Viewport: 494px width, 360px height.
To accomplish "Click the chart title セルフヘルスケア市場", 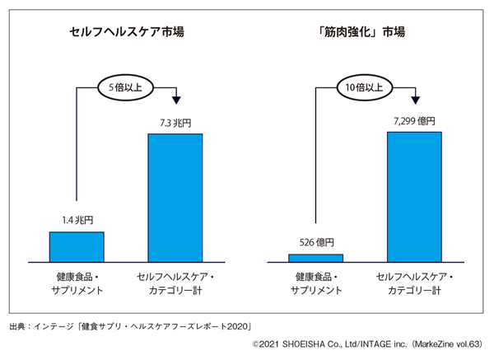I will point(126,32).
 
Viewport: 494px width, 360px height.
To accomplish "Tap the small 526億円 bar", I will point(315,258).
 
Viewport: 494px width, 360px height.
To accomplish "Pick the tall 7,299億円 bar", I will point(414,196).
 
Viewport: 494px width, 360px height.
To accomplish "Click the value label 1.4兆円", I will point(77,220).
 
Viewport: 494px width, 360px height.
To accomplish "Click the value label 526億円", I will point(315,242).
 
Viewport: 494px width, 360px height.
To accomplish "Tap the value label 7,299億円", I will point(414,121).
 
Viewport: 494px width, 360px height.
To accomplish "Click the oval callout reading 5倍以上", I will point(125,85).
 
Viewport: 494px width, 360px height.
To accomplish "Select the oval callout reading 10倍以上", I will point(365,85).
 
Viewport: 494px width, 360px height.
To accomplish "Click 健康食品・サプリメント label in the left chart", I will point(77,284).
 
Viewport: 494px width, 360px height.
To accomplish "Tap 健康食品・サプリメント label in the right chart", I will point(315,284).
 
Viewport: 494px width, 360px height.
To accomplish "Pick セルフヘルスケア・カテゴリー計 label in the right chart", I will point(414,284).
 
